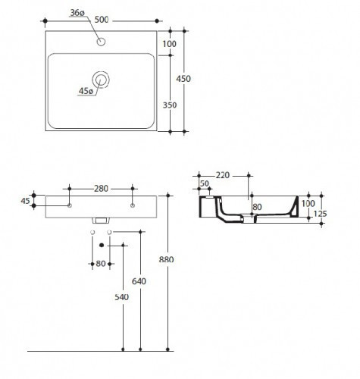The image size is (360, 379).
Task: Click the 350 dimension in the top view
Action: tap(169, 105)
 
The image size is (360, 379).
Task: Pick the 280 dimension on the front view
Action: tap(101, 188)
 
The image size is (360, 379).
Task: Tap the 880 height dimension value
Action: tap(167, 260)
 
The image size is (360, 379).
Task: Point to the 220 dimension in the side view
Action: tap(223, 175)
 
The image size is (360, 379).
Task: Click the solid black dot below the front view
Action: tap(100, 245)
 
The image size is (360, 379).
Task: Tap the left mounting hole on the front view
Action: tap(70, 205)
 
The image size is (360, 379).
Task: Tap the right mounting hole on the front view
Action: tap(133, 205)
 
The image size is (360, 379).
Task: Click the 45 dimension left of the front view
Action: tap(25, 201)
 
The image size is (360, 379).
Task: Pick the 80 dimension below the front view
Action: tap(101, 264)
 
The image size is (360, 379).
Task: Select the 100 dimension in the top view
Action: tap(169, 44)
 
